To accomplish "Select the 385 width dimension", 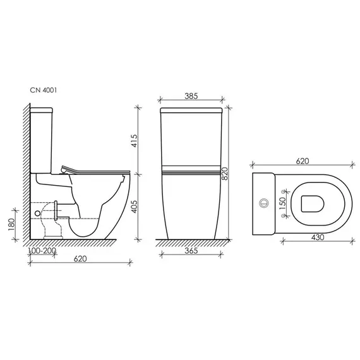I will tap(191, 97).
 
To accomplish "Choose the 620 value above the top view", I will tap(302, 162).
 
